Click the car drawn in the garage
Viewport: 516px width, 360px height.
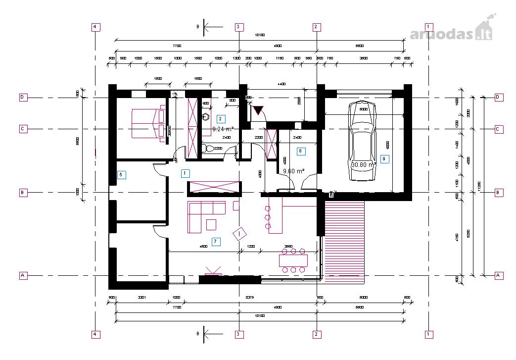click(364, 142)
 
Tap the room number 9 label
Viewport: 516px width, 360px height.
click(385, 159)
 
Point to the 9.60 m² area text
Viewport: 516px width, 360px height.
click(293, 171)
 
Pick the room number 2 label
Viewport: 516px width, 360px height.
click(221, 118)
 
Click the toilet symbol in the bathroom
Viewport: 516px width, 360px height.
click(209, 148)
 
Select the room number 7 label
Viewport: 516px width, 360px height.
click(215, 241)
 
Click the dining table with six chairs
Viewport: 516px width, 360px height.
click(293, 260)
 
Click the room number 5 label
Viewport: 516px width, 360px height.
click(121, 174)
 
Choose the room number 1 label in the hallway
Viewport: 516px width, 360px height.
click(185, 173)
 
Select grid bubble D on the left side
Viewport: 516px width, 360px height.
click(23, 97)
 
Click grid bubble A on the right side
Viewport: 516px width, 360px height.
click(499, 275)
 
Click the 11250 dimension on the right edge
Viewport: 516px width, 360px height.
click(478, 186)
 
